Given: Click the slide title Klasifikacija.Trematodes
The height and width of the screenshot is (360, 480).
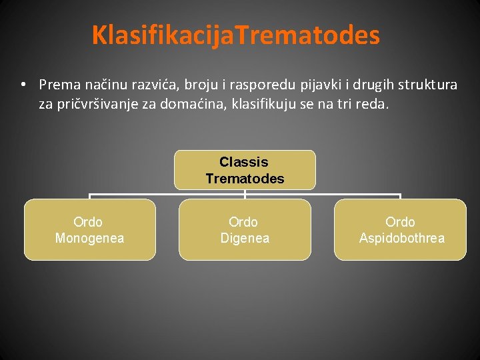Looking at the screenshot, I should [x=236, y=35].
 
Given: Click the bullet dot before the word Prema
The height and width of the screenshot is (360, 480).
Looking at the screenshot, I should [x=23, y=85].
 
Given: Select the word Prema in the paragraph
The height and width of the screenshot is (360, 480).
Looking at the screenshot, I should [x=57, y=85].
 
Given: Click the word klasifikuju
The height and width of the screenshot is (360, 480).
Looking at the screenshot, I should [x=267, y=103].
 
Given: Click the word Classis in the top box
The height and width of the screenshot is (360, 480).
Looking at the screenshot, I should [x=244, y=162].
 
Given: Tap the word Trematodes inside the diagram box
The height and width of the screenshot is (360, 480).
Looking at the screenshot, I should [x=245, y=179].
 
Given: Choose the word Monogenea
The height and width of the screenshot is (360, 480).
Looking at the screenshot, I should [x=89, y=238].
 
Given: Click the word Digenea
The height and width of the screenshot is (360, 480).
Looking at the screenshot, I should [x=245, y=238].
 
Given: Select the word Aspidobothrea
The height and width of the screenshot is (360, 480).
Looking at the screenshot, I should [x=401, y=238].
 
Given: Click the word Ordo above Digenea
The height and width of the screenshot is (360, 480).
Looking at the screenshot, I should [x=243, y=222].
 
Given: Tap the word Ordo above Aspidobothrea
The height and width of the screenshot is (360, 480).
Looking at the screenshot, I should [x=400, y=222].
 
